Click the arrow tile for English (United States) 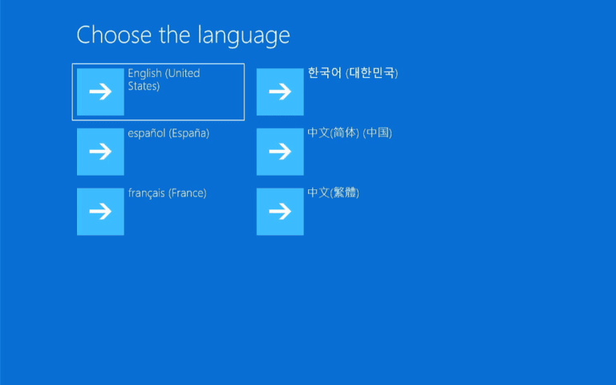coord(100,91)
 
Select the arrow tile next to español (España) coord(100,152)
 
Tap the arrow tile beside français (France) coord(100,212)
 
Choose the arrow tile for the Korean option coord(280,91)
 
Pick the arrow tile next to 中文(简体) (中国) coord(280,152)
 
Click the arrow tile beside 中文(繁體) coord(280,212)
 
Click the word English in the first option coord(144,73)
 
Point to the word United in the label coord(183,73)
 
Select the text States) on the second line coord(144,86)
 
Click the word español coord(146,133)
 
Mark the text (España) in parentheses coord(188,133)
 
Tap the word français coord(146,193)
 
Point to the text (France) coord(187,193)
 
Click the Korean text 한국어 coord(325,73)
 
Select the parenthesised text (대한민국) coord(372,73)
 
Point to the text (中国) coord(377,133)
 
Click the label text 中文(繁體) coord(333,193)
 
